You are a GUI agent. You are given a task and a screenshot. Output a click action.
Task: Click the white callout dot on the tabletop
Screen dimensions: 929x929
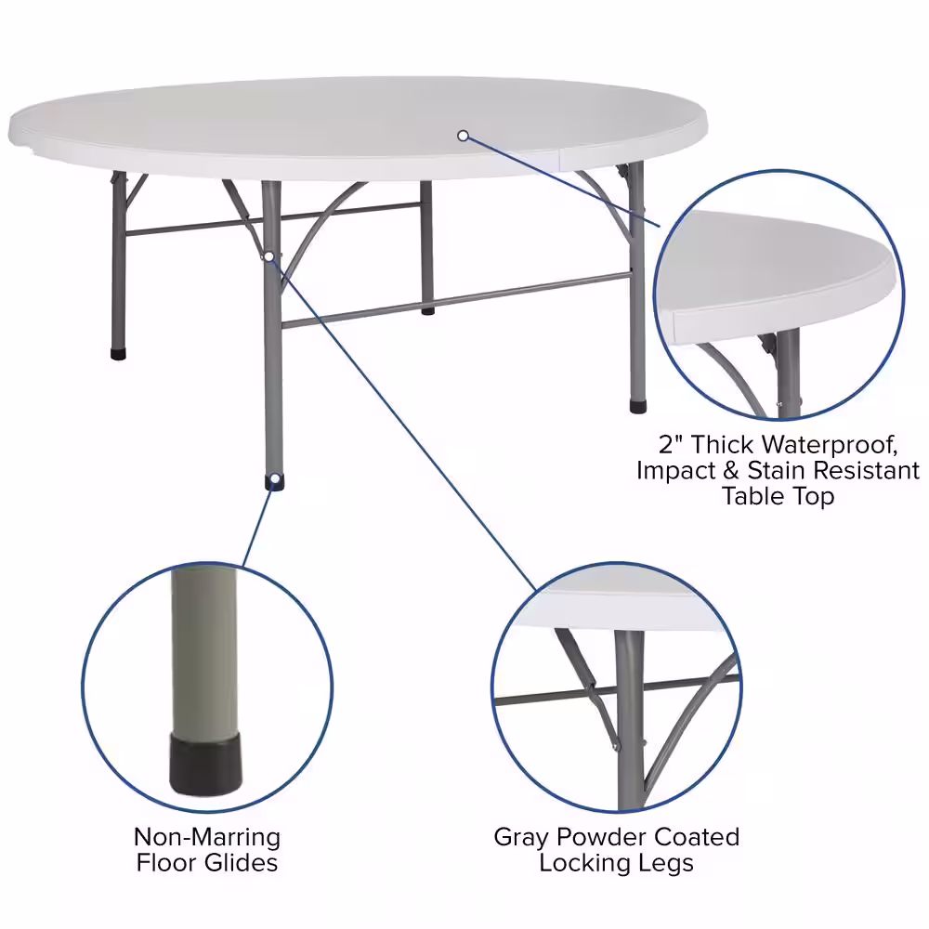[x=463, y=136]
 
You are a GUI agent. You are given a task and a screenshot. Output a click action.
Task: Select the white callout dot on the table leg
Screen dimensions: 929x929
[x=268, y=255]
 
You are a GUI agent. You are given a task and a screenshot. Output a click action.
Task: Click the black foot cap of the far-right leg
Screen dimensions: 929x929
[x=638, y=405]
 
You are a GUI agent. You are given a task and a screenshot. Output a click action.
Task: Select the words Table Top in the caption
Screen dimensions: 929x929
[x=778, y=496]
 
